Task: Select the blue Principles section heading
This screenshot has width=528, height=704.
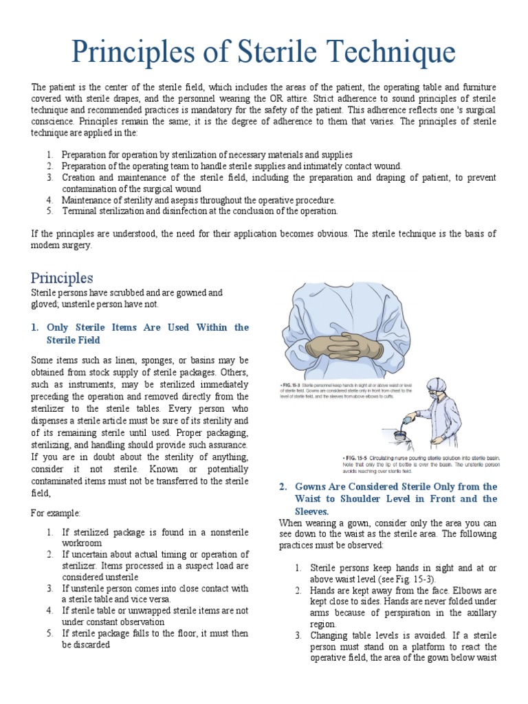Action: tap(62, 278)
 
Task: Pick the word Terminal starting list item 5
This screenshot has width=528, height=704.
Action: tap(78, 211)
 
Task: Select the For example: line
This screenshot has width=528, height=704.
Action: tap(56, 513)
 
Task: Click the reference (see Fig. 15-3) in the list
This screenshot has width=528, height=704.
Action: tap(421, 580)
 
